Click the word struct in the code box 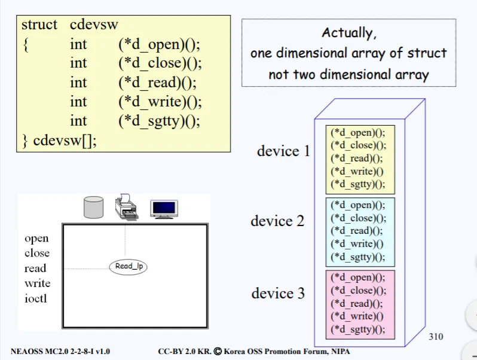pos(39,25)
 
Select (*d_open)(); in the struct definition pos(159,44)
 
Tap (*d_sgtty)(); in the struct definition pos(159,121)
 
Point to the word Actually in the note pos(349,33)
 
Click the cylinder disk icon pos(93,207)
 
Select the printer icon pos(126,206)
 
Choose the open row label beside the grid pos(36,239)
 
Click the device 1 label pos(283,151)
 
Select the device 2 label pos(277,221)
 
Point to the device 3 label pos(278,293)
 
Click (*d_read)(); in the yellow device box pos(357,158)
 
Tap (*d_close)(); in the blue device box pos(359,218)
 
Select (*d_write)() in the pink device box pos(357,316)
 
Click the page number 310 pos(436,337)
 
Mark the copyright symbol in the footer pos(218,352)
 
